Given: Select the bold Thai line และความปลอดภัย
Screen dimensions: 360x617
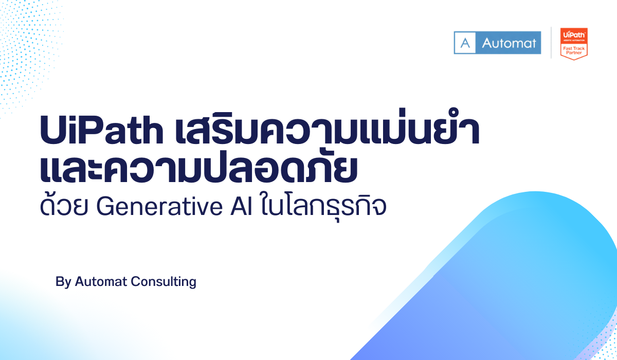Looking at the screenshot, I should click(x=198, y=170).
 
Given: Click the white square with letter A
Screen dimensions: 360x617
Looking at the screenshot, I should click(x=465, y=43).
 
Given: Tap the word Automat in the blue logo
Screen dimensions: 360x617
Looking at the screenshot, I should click(x=509, y=43).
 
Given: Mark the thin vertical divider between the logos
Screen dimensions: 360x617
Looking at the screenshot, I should click(x=551, y=43).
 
